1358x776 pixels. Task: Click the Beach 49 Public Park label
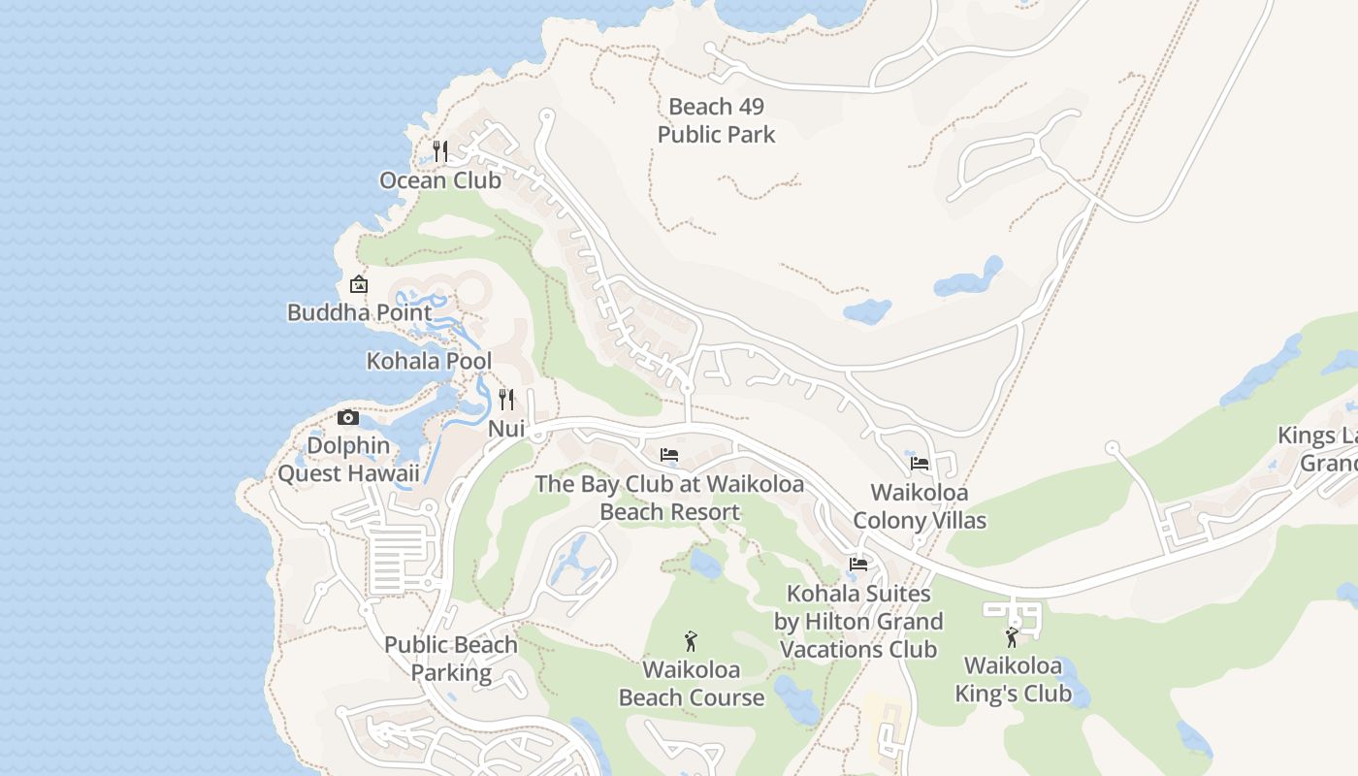(x=716, y=120)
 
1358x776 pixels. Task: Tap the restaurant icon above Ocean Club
(x=440, y=150)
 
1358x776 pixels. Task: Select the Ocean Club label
(x=440, y=180)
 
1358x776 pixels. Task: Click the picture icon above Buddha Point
(x=359, y=284)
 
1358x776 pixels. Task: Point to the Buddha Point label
(x=360, y=312)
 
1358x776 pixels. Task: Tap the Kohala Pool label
(x=429, y=361)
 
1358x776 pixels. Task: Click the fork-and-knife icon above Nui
(x=506, y=399)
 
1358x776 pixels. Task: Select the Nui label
(x=506, y=428)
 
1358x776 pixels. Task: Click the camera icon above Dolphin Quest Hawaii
(x=348, y=418)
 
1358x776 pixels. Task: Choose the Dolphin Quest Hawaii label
(x=348, y=460)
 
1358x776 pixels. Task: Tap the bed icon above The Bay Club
(x=669, y=454)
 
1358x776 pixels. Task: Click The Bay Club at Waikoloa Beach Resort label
(x=669, y=498)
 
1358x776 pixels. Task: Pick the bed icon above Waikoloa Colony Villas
(x=920, y=464)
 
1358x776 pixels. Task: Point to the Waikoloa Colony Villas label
(x=920, y=506)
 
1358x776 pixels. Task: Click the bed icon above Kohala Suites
(x=858, y=564)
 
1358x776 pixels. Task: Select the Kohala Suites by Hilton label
(x=858, y=621)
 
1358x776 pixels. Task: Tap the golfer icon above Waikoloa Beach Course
(x=691, y=640)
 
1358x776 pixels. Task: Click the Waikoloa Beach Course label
(x=692, y=683)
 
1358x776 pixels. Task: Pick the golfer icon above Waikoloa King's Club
(x=1013, y=637)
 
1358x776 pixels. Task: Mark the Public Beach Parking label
(x=451, y=658)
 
